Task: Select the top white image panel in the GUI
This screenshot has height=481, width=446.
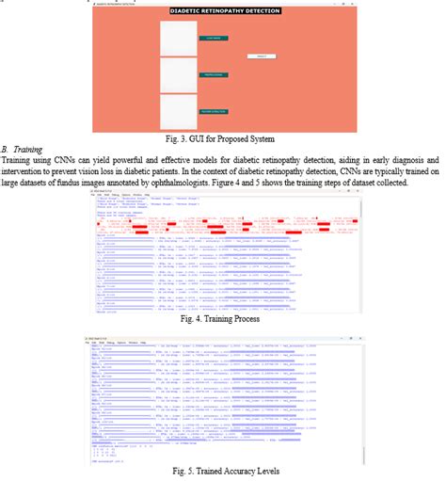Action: (x=176, y=39)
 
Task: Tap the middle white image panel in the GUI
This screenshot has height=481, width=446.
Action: (x=176, y=75)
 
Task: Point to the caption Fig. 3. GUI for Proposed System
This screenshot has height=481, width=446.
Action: (x=223, y=139)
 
